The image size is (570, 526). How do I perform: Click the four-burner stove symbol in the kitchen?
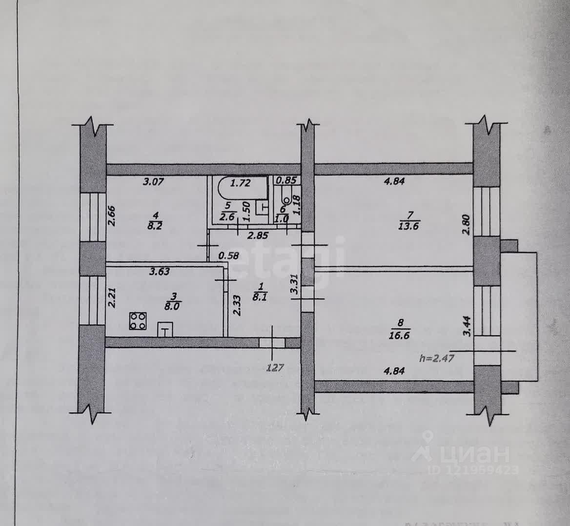click(x=139, y=321)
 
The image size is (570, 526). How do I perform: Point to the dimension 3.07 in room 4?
click(x=153, y=182)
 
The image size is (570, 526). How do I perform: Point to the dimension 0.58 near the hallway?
click(x=228, y=255)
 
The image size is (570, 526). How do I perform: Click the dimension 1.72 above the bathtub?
click(x=240, y=183)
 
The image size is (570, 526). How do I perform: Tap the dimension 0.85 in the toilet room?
click(x=286, y=180)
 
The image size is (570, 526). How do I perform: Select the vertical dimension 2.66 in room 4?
click(x=112, y=215)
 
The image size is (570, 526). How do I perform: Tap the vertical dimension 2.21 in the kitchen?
click(x=111, y=297)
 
